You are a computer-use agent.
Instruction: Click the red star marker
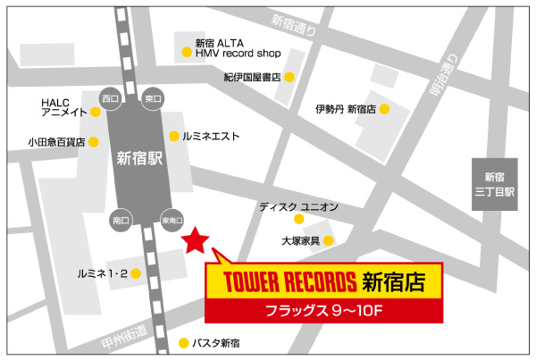coord(195,239)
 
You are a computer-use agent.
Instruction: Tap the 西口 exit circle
coord(110,97)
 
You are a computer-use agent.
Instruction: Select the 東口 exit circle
coord(153,97)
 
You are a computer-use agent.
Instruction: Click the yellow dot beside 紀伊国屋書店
coord(289,78)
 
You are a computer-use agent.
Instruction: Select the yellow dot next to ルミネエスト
coord(174,137)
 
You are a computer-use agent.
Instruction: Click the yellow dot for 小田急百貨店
coord(93,141)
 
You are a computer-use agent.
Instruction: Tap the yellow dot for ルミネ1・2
coord(134,273)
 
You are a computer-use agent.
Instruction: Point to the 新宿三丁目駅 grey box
coord(494,185)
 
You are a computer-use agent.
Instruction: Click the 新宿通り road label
coord(294,27)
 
